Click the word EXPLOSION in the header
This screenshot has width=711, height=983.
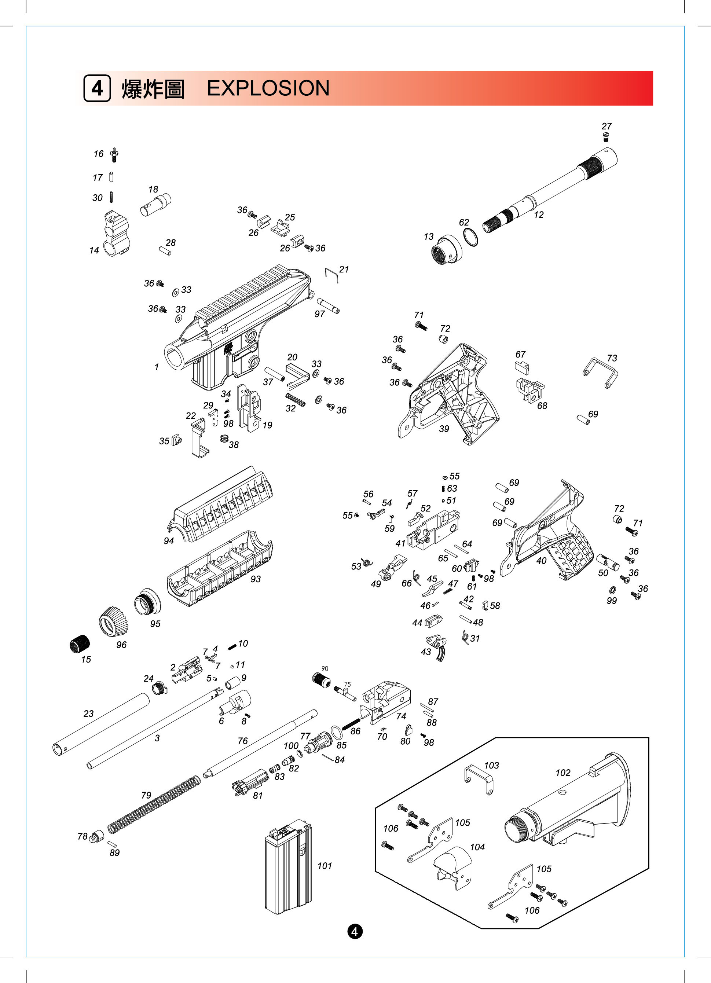pos(268,88)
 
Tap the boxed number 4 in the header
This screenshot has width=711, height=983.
pos(97,88)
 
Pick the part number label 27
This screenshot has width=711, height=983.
pos(606,126)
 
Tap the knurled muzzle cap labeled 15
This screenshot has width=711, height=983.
pos(80,643)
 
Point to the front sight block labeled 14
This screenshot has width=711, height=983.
pos(116,233)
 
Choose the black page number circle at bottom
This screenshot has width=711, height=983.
pos(355,931)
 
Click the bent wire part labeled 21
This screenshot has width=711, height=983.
pos(331,275)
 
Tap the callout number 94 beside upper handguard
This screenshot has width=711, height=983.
pos(169,541)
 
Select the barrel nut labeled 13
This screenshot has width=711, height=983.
pos(447,250)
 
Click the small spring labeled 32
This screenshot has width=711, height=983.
pos(295,400)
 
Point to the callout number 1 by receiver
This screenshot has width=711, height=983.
pos(157,367)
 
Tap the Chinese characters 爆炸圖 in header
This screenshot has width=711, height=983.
pos(153,89)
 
